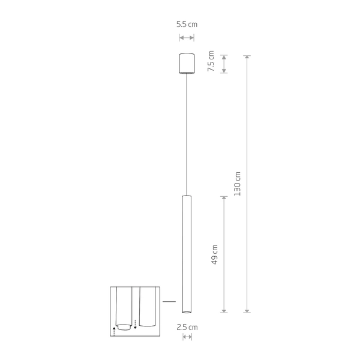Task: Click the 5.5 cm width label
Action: [x=187, y=25]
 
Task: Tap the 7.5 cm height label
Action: [x=211, y=63]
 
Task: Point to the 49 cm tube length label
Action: [x=215, y=254]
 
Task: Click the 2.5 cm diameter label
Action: [x=187, y=327]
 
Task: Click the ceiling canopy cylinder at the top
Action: [x=187, y=64]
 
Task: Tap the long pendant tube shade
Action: [x=187, y=252]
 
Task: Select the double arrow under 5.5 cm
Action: [x=187, y=38]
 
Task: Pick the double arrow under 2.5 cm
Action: [x=187, y=337]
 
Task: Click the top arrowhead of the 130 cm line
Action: [x=247, y=57]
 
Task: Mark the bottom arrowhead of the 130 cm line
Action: [x=247, y=310]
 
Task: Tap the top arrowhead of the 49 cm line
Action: [x=224, y=197]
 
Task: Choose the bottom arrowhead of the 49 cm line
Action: [x=224, y=310]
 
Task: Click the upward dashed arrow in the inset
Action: [x=114, y=329]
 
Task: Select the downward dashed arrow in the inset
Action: [x=136, y=324]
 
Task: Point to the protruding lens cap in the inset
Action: [x=124, y=327]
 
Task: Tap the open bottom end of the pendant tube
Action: [x=187, y=311]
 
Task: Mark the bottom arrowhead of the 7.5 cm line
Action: [x=224, y=71]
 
